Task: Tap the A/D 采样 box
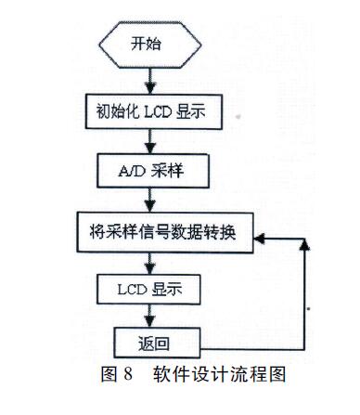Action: click(x=148, y=171)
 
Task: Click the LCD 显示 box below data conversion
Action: click(x=148, y=289)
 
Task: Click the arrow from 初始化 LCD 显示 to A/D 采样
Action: click(x=149, y=141)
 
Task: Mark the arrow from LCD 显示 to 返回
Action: click(x=149, y=315)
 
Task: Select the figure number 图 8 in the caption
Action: click(x=118, y=375)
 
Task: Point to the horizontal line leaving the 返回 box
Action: click(x=241, y=340)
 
